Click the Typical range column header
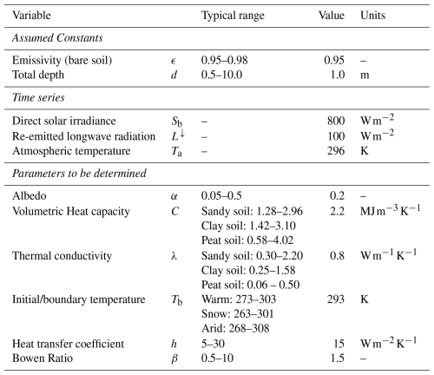(x=233, y=16)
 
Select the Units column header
(x=372, y=15)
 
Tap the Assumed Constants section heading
(x=57, y=38)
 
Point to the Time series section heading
(x=38, y=97)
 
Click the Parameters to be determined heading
(x=79, y=174)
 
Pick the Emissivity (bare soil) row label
(x=62, y=60)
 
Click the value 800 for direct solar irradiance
(x=336, y=121)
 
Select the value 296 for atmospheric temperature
(x=336, y=151)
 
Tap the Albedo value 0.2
(x=337, y=196)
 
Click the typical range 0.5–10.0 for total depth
(x=221, y=75)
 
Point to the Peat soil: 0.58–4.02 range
(x=247, y=240)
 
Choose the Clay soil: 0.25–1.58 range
(x=248, y=270)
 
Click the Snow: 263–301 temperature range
(x=237, y=313)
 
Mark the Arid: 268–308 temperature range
(x=235, y=328)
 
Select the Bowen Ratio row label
(x=43, y=359)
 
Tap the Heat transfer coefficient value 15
(x=339, y=344)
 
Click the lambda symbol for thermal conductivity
(x=174, y=256)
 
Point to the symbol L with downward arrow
(x=178, y=135)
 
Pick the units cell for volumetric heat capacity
(x=390, y=210)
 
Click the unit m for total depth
(x=365, y=76)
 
